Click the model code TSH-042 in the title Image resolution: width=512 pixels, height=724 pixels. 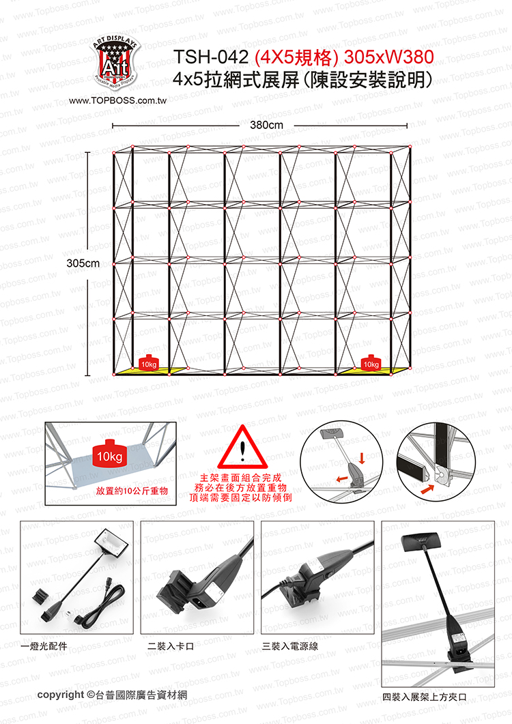(x=211, y=57)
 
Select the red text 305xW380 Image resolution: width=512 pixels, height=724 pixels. (x=388, y=57)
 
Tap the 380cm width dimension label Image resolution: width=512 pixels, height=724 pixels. (x=266, y=125)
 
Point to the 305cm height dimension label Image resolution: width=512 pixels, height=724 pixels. (x=83, y=263)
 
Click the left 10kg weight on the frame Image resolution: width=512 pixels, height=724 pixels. (x=149, y=362)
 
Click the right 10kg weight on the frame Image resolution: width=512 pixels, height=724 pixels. (x=371, y=362)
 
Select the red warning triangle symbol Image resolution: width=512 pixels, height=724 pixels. (x=242, y=447)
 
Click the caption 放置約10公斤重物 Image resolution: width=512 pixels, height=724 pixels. (x=132, y=491)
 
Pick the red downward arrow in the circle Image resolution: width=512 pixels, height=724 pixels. (x=362, y=458)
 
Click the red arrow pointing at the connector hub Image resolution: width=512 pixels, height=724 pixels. (x=428, y=489)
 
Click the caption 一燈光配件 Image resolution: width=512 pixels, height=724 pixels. (x=44, y=646)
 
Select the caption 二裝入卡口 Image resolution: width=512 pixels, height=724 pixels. (x=171, y=646)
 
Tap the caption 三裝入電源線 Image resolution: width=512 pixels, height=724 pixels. (x=290, y=646)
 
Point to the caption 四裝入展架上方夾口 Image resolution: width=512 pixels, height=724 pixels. (x=424, y=697)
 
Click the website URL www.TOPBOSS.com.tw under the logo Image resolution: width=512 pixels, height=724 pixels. (x=118, y=101)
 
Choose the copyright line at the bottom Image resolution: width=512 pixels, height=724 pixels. (x=112, y=695)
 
